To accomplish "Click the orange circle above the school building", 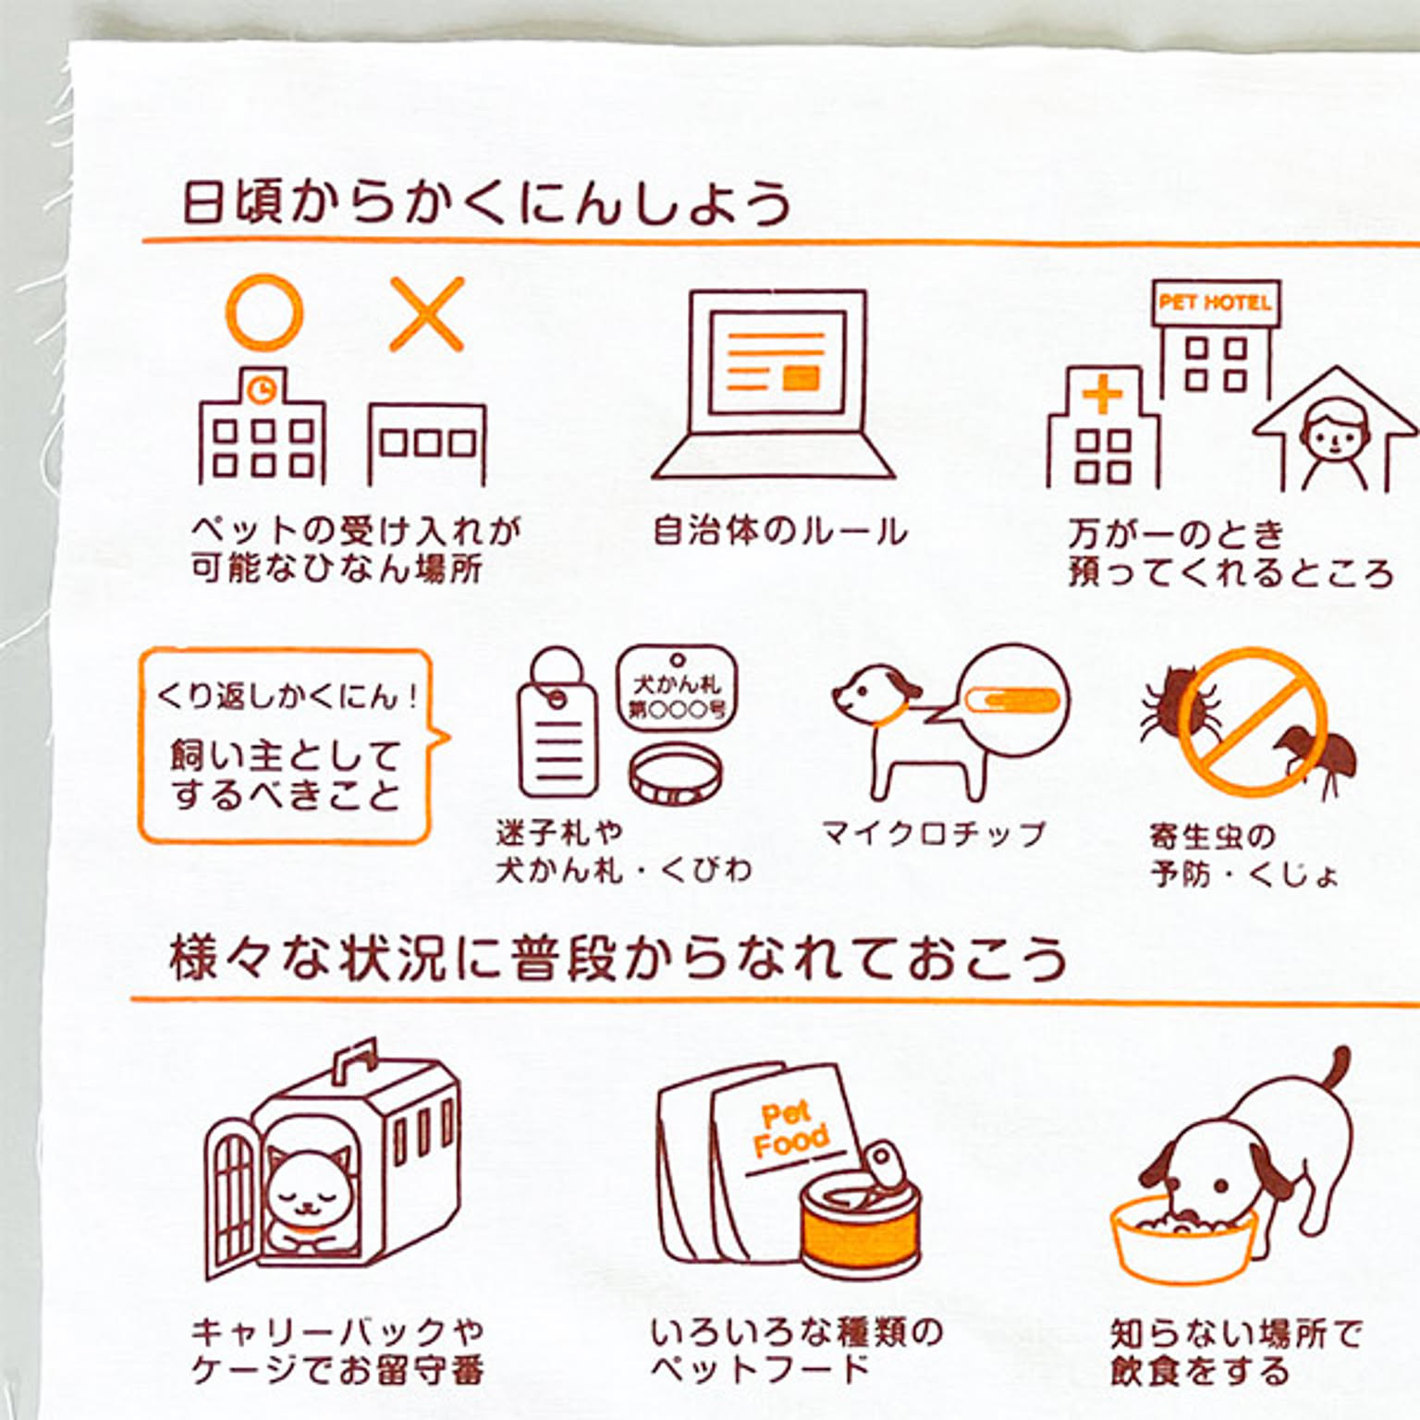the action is (230, 313).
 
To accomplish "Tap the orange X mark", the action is (426, 314).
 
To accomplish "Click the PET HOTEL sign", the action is (1216, 302).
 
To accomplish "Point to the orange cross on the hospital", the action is (1102, 397).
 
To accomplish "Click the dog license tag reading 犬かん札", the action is (677, 685).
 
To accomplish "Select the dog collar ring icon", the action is (676, 775).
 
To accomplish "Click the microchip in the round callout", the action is (1010, 701).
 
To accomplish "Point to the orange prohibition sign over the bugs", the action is (1253, 721).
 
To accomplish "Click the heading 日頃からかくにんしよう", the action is (486, 202).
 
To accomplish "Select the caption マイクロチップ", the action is (934, 834).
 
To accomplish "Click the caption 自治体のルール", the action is (779, 531).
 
